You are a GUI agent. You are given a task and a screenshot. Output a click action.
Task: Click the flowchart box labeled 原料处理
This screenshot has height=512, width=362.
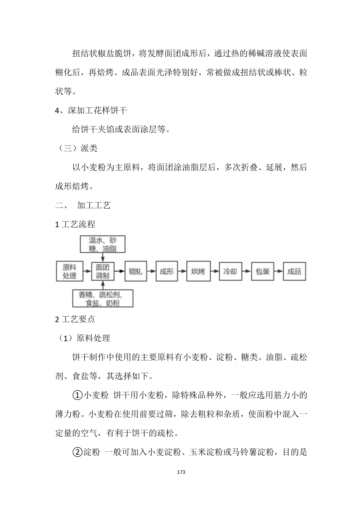[x=69, y=271]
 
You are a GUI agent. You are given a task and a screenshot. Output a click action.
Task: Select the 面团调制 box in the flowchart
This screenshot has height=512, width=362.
[x=102, y=271]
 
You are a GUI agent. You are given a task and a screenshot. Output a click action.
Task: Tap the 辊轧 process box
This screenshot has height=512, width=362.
[x=135, y=272]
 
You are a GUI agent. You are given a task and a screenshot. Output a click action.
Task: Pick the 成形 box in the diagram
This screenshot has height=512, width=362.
[x=166, y=272]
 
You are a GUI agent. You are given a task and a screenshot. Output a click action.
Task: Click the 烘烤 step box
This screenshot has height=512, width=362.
[x=198, y=272]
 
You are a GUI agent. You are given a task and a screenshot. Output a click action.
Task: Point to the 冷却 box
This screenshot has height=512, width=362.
[x=230, y=272]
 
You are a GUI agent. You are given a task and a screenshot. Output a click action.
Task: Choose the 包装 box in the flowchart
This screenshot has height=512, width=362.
[x=262, y=272]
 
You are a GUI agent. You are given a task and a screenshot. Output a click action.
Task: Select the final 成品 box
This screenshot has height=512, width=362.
[x=294, y=272]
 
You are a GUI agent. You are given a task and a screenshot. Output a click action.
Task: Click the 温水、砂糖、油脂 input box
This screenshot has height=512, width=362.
[x=102, y=244]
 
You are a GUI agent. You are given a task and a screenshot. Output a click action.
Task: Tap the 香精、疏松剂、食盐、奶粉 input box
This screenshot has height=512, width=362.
[x=102, y=298]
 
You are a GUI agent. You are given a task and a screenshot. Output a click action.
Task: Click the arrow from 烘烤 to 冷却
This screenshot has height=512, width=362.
[x=215, y=271]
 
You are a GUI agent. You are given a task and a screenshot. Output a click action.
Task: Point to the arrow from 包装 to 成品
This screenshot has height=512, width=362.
[x=279, y=271]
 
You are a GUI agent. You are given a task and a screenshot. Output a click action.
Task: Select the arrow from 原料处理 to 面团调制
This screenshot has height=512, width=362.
[x=87, y=271]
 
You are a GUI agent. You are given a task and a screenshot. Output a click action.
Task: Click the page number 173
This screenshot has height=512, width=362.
[x=181, y=472]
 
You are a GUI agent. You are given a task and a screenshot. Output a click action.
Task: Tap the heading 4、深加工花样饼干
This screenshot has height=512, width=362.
[x=91, y=111]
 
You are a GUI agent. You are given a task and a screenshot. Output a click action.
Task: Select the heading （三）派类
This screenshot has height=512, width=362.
[x=76, y=148]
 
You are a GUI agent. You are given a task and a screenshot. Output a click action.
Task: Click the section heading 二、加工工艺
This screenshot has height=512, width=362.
[x=83, y=205]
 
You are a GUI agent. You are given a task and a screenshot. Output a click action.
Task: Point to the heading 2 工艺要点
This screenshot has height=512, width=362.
[x=75, y=319]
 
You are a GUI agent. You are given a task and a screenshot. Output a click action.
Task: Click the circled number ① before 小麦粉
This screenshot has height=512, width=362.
[x=77, y=395]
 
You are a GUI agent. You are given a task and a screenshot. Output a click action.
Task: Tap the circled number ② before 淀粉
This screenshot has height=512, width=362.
[x=77, y=452]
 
